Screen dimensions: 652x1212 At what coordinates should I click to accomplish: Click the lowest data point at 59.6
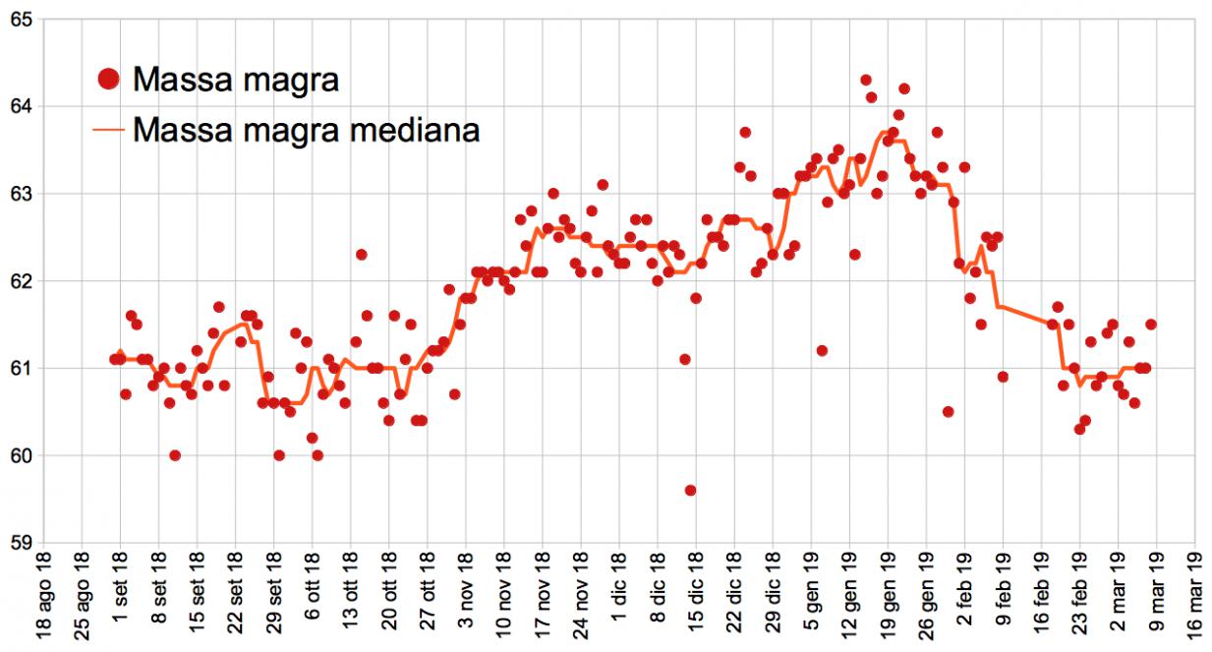pyautogui.click(x=690, y=490)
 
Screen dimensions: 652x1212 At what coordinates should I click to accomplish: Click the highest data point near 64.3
pyautogui.click(x=865, y=80)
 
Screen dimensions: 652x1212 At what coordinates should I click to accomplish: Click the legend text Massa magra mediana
pyautogui.click(x=306, y=129)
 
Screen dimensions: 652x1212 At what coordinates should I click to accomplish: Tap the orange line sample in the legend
pyautogui.click(x=109, y=129)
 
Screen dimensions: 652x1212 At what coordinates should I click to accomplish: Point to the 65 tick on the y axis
pyautogui.click(x=21, y=20)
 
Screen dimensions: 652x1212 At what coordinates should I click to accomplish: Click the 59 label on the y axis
pyautogui.click(x=21, y=543)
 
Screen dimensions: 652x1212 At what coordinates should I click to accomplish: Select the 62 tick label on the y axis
pyautogui.click(x=21, y=281)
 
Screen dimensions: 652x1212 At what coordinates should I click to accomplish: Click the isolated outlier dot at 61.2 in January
pyautogui.click(x=822, y=351)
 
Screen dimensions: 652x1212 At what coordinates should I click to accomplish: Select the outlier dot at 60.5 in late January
pyautogui.click(x=948, y=412)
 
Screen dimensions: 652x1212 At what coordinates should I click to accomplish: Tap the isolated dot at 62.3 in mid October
pyautogui.click(x=361, y=255)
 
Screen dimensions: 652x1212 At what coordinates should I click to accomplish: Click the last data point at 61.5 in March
pyautogui.click(x=1151, y=325)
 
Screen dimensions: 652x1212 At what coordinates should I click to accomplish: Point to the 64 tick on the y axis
pyautogui.click(x=21, y=106)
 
